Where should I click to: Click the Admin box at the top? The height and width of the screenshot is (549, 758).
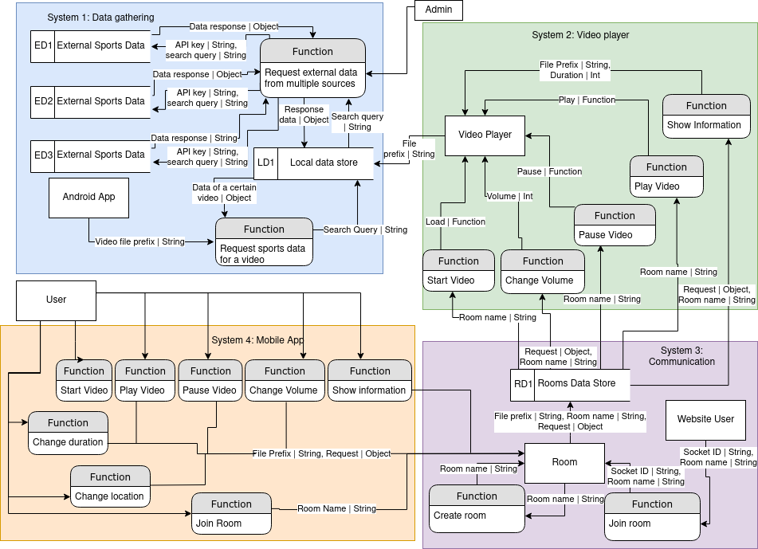tap(438, 10)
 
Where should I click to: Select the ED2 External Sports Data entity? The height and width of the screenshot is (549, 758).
tap(88, 101)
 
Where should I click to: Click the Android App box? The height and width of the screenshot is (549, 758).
tap(89, 197)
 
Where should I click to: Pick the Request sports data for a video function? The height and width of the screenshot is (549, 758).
tap(264, 242)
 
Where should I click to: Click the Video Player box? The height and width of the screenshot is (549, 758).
tap(485, 135)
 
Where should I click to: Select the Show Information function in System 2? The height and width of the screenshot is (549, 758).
tap(705, 116)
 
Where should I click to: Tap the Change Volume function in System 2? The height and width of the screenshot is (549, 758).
tap(542, 271)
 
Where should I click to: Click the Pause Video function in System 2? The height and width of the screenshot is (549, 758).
tap(615, 225)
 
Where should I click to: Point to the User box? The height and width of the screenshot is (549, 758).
tap(57, 300)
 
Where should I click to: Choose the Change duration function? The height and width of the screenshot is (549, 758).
tap(68, 433)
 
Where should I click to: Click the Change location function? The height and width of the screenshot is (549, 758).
tap(110, 487)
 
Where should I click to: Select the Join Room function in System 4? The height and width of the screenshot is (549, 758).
tap(231, 514)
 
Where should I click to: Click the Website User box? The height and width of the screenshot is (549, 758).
tap(705, 419)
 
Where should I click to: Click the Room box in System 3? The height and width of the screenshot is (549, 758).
tap(564, 462)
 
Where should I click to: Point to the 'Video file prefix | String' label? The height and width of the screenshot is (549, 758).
tap(139, 241)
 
